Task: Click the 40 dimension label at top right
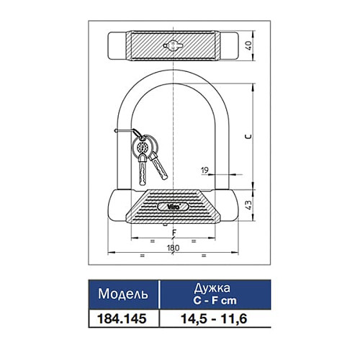(x=249, y=45)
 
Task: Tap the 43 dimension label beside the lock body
(x=249, y=204)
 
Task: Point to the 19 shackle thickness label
(x=204, y=171)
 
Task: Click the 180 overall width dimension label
(x=173, y=248)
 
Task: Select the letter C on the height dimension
(x=248, y=137)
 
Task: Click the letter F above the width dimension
(x=174, y=233)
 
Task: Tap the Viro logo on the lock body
(x=174, y=206)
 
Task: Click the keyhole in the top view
(x=173, y=45)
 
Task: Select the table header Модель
(x=123, y=294)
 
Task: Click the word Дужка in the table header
(x=212, y=288)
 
